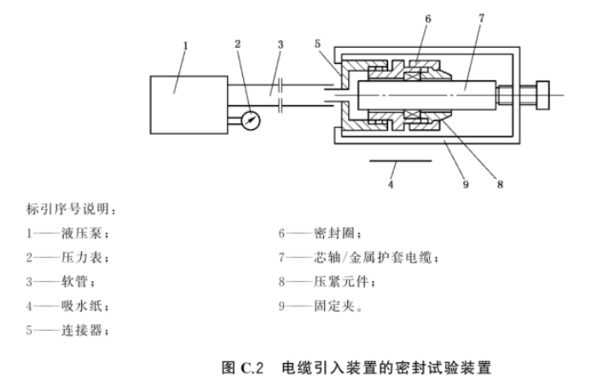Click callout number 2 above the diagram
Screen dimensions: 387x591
(x=238, y=43)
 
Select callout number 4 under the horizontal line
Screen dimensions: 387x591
(x=391, y=185)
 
